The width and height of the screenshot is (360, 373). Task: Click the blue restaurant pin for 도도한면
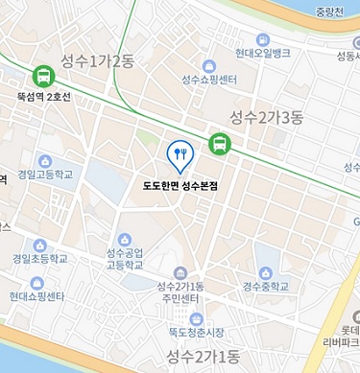point(180,152)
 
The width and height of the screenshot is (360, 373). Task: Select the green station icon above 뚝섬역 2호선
point(42,75)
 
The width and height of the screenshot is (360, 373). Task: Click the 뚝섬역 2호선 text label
point(43,97)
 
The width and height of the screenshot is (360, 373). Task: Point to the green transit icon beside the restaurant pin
point(220,145)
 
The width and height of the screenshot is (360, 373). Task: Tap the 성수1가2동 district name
point(96,60)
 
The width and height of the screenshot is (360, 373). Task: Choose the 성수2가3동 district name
point(266,117)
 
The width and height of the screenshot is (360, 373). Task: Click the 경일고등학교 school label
point(45,175)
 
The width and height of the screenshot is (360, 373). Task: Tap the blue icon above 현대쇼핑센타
point(37,283)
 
